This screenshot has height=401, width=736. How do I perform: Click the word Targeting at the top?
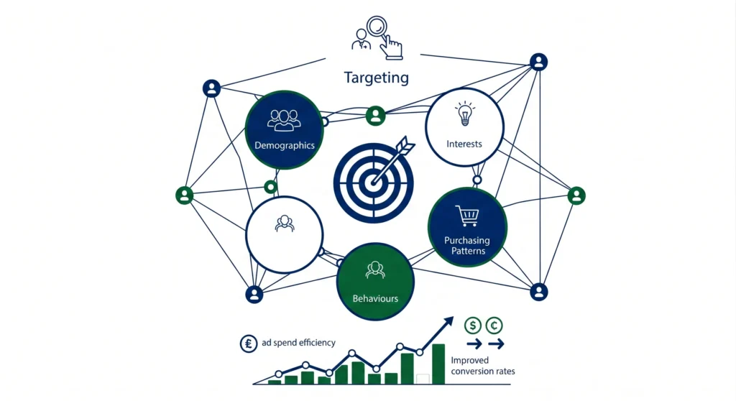click(x=376, y=78)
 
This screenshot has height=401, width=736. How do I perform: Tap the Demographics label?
click(x=285, y=145)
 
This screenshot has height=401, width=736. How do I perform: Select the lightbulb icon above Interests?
click(x=464, y=113)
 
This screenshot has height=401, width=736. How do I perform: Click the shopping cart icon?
click(x=466, y=215)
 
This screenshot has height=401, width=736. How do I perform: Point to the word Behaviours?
click(x=375, y=298)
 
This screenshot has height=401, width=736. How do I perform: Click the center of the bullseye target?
click(x=372, y=181)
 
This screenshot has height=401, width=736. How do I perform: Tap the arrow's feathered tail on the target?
click(x=405, y=145)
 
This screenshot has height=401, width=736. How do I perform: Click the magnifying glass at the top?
click(x=376, y=29)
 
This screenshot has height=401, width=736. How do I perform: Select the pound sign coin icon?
click(x=249, y=344)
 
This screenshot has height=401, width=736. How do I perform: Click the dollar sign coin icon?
click(x=473, y=326)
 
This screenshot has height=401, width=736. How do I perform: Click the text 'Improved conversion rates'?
click(x=482, y=366)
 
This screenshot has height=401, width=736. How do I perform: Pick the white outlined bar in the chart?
click(x=423, y=378)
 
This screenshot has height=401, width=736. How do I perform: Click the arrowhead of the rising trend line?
click(x=449, y=321)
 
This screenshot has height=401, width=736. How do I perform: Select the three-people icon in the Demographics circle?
click(x=283, y=119)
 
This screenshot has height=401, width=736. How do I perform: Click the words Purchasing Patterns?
click(x=466, y=246)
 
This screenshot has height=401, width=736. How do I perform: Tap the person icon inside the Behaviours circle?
click(x=375, y=270)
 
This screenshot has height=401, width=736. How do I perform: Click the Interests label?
click(x=464, y=144)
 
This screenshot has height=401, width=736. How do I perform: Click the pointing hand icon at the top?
click(x=391, y=47)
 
